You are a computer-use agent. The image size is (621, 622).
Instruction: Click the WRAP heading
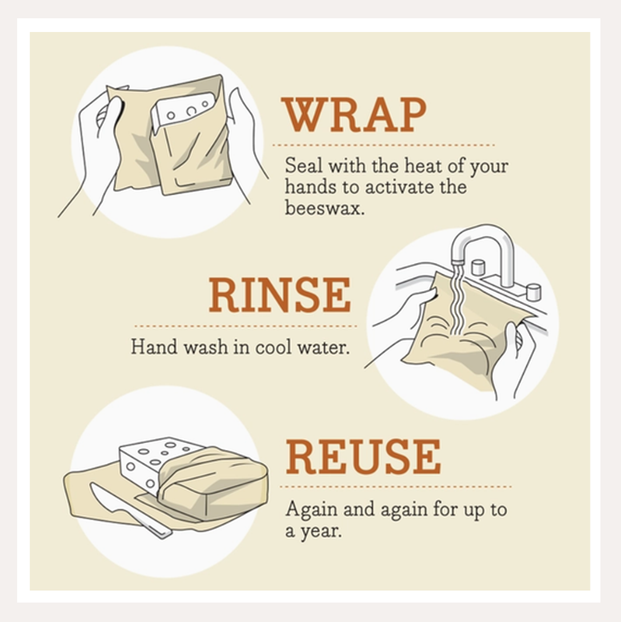[354, 115]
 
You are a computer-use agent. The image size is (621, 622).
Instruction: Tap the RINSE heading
[279, 295]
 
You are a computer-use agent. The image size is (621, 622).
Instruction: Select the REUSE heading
[363, 457]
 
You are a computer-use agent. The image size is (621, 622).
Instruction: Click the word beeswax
[324, 208]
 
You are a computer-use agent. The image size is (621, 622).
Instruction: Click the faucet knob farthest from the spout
[533, 292]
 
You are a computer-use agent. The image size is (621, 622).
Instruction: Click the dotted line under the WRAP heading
[383, 145]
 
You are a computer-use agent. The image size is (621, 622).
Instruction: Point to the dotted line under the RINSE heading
[245, 326]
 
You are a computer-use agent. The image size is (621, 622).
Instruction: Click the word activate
[386, 188]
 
